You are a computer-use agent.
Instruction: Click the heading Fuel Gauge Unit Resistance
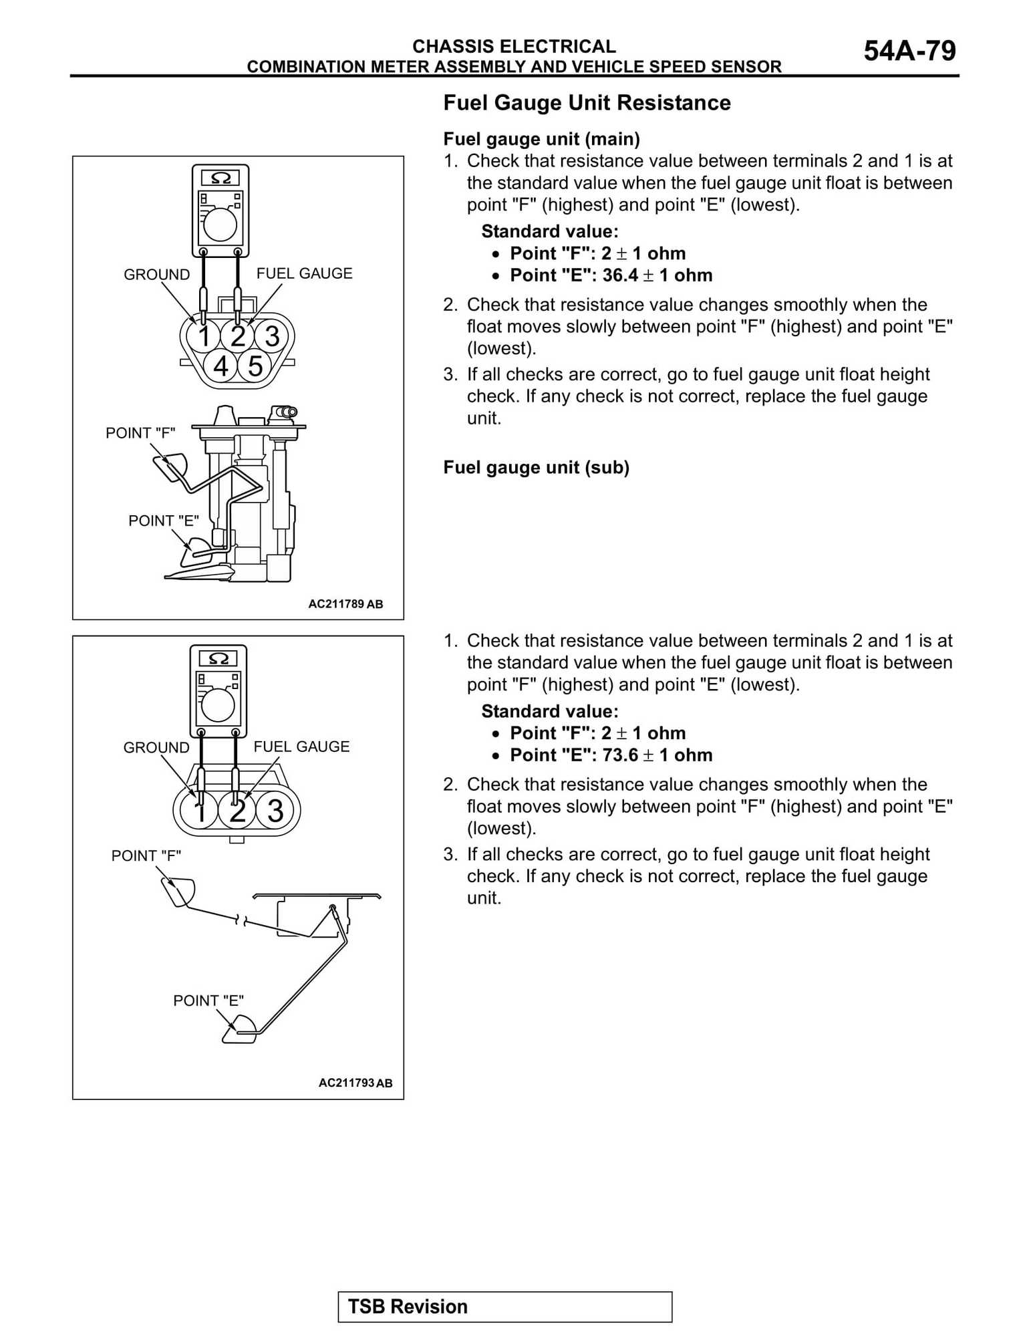[587, 103]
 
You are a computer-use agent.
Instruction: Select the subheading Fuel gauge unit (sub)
[536, 467]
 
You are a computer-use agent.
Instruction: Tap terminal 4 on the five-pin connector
[221, 366]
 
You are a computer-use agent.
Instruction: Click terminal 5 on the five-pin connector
[255, 366]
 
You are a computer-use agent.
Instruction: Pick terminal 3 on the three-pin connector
[275, 811]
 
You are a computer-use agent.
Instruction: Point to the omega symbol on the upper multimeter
[220, 178]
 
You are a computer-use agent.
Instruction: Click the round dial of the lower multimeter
[218, 704]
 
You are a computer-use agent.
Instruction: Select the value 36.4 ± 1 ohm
[657, 275]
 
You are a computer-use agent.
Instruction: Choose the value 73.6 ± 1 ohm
[657, 755]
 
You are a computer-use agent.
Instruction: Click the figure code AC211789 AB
[345, 604]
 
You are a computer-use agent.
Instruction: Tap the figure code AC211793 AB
[355, 1083]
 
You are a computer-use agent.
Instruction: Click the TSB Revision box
[504, 1307]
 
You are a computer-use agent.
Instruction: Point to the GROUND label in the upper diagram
[156, 275]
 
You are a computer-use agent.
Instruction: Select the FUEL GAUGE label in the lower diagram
[301, 747]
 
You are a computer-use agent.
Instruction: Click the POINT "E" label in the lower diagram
[208, 1001]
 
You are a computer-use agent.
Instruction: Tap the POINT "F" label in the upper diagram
[140, 433]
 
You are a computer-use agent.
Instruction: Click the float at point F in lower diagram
[178, 892]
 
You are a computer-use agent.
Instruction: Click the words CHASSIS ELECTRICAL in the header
[514, 46]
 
